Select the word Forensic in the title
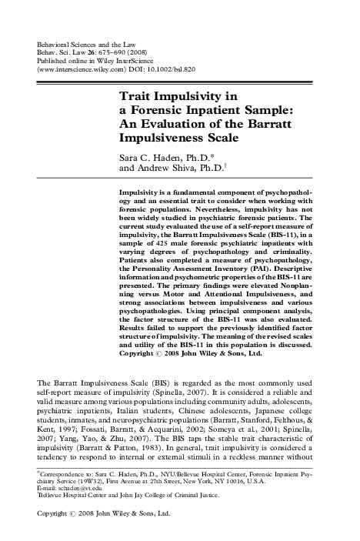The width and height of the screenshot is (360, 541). point(155,112)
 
